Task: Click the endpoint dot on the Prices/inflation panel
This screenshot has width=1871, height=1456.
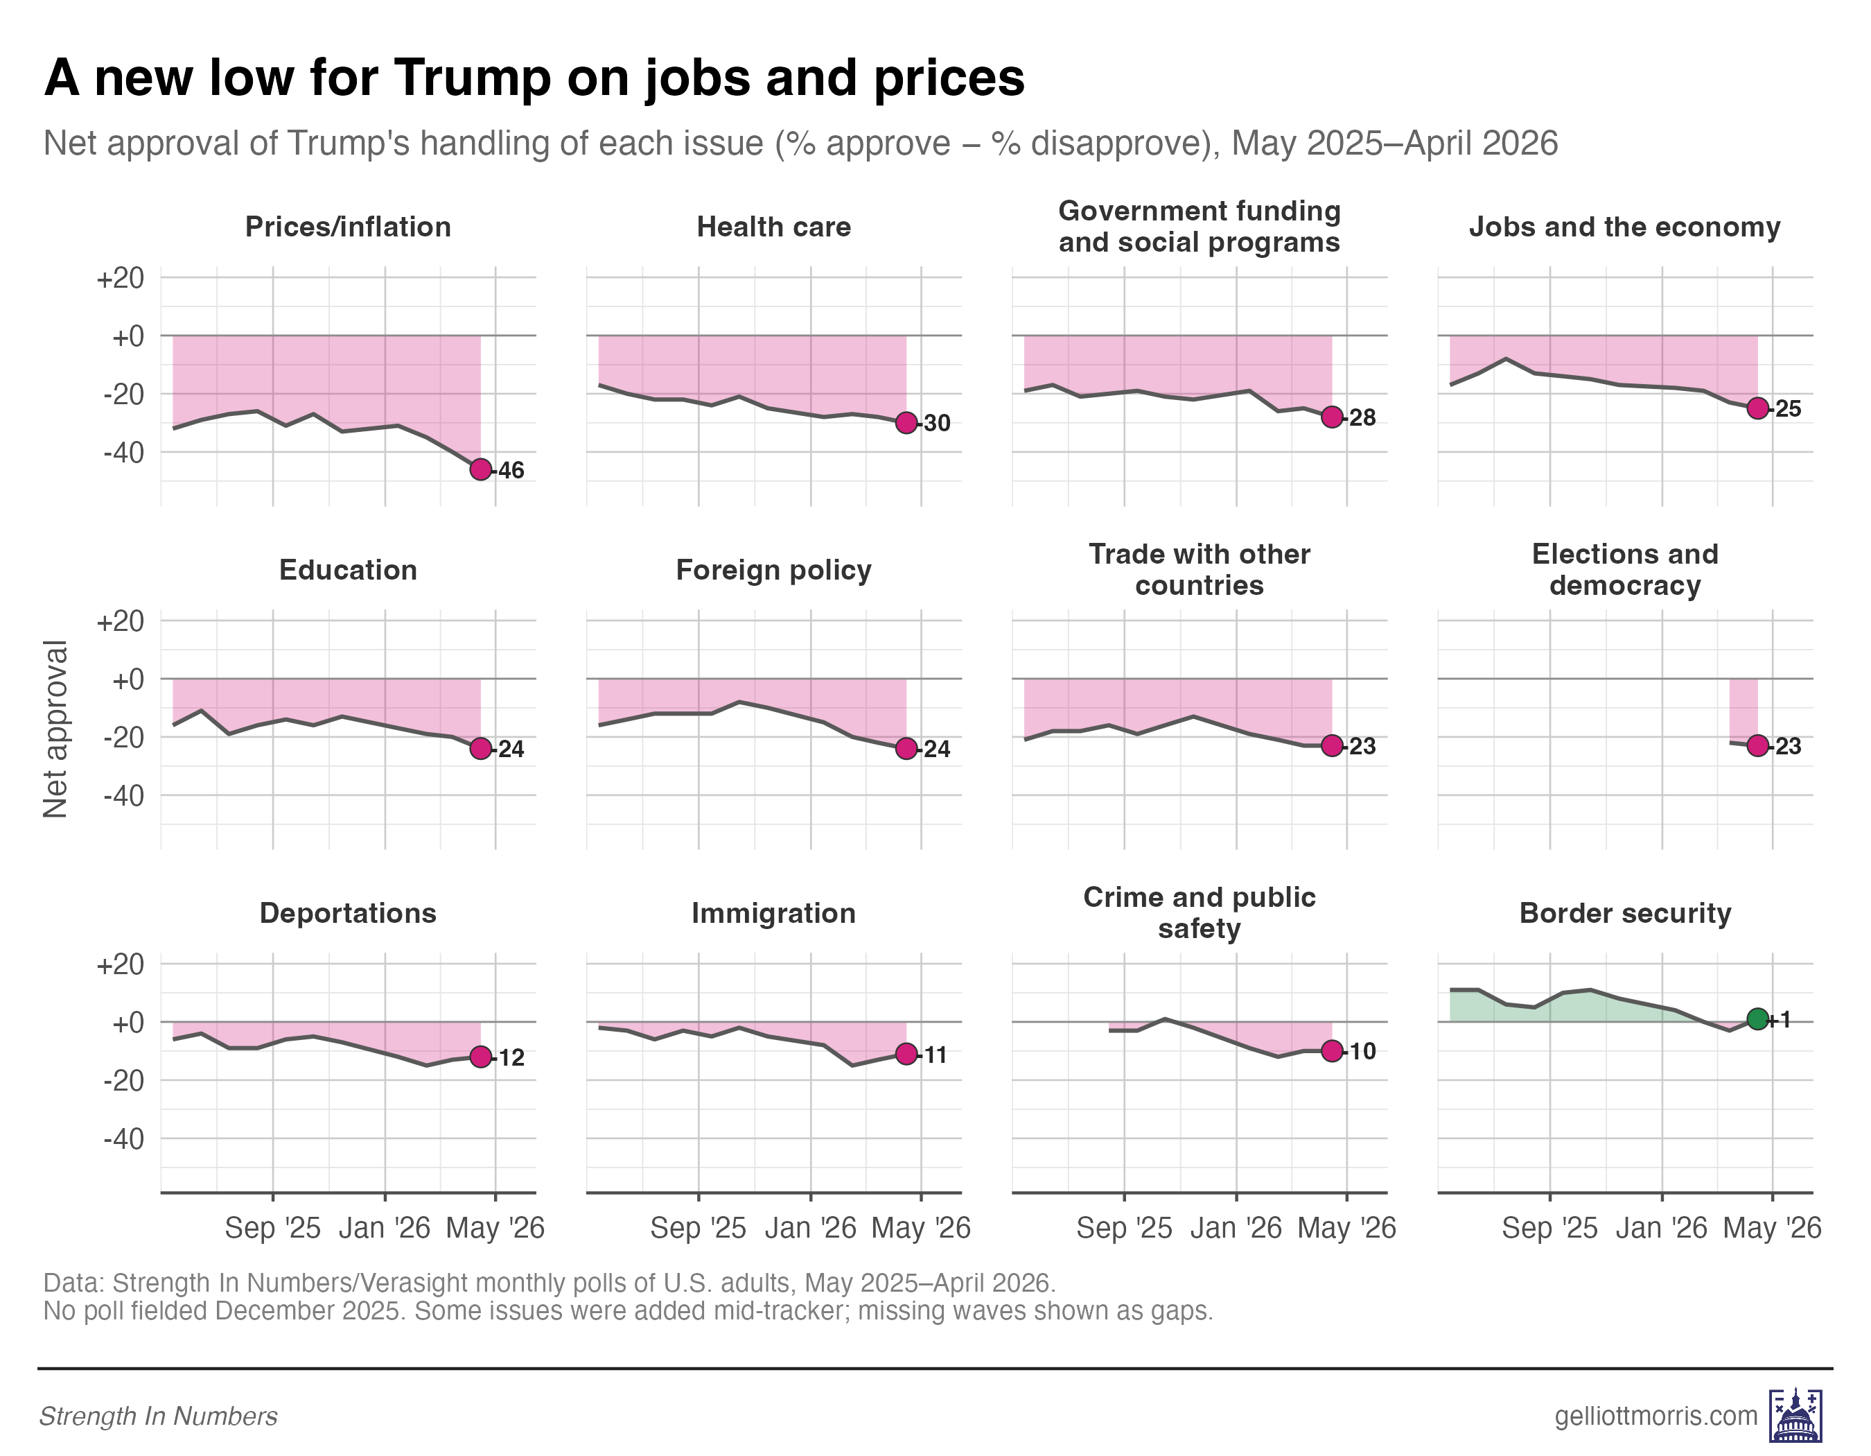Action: click(481, 469)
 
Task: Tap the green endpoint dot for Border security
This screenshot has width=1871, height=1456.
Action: click(1757, 1019)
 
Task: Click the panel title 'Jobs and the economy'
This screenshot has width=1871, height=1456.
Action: click(1624, 227)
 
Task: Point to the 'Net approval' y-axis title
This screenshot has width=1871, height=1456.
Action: click(55, 729)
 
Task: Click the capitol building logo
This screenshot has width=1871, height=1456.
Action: click(1795, 1416)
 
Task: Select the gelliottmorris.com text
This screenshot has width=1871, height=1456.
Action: click(1655, 1416)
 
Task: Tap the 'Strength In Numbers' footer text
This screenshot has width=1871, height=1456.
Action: click(159, 1416)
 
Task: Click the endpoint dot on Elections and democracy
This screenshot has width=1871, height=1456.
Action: click(1757, 745)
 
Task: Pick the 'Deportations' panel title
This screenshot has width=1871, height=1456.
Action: click(348, 914)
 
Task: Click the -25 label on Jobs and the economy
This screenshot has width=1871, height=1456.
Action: click(1786, 409)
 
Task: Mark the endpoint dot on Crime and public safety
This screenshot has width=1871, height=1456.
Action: click(1331, 1050)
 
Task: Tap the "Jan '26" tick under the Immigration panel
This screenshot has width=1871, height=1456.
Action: click(811, 1228)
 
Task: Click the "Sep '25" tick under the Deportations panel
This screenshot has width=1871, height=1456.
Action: click(272, 1228)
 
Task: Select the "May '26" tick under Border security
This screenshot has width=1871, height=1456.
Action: click(1772, 1228)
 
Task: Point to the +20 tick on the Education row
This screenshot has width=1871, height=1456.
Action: click(121, 621)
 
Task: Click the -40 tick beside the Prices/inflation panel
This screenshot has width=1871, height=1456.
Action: click(124, 453)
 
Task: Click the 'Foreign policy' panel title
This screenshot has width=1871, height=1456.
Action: click(773, 571)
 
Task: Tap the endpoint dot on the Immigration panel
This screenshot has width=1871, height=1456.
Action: click(906, 1054)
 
